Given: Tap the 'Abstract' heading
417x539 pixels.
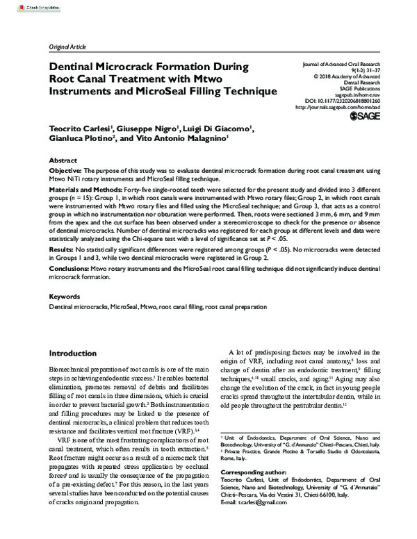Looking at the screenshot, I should coord(63,159).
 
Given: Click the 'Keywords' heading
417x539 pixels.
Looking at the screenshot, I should coord(65,295).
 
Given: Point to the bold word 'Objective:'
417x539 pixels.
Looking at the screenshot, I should coord(65,170).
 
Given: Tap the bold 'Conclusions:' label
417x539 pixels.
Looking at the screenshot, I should coord(69,267).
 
